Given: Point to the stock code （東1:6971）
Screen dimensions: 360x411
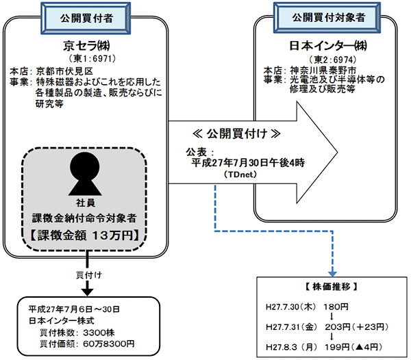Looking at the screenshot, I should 91,59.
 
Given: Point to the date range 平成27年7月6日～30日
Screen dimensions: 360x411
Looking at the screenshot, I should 74,309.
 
